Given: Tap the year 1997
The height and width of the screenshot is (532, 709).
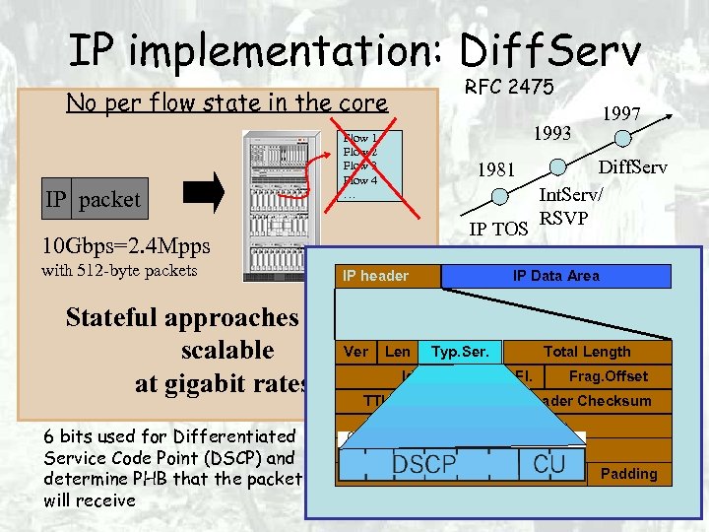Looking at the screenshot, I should tap(622, 115).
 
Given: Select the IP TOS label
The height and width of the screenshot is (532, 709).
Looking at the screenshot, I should tap(499, 231).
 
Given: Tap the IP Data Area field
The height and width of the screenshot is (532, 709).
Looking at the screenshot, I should tap(555, 276).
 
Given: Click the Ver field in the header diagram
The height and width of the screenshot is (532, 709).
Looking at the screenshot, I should tap(355, 352).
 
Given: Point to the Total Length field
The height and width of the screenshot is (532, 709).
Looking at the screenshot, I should tap(587, 352).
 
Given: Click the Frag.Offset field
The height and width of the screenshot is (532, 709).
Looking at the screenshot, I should tap(608, 376).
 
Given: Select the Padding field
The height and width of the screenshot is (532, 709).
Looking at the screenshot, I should tap(628, 474).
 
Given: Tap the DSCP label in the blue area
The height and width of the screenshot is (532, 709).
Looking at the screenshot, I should tap(424, 465).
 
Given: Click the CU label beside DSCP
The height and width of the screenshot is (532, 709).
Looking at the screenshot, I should tap(548, 464).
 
